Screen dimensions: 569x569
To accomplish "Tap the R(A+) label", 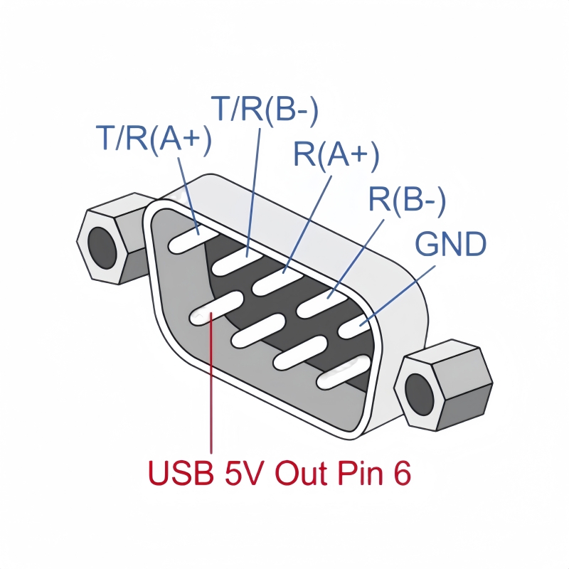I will tap(336, 155).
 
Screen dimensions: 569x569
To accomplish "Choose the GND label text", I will tap(451, 245).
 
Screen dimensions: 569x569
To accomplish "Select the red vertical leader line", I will tap(211, 391).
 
